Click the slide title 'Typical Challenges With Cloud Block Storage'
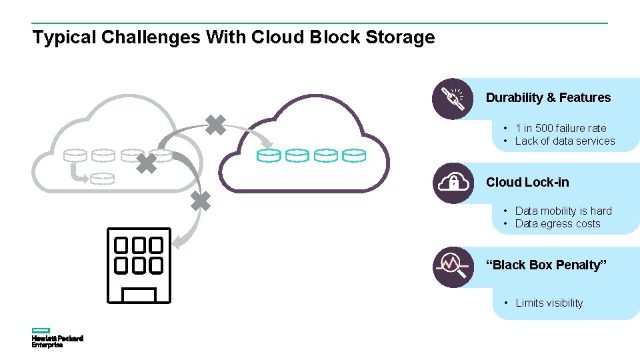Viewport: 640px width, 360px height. coord(233,37)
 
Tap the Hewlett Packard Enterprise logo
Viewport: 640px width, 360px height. coord(57,338)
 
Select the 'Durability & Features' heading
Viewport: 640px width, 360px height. coord(548,98)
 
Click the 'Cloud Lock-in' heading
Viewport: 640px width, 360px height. coord(527,182)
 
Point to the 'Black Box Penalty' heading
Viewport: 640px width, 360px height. coord(547,265)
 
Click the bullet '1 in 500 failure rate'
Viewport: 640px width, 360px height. coord(560,128)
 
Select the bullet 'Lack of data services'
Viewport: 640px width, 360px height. coord(565,141)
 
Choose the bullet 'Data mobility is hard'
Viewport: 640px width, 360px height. coord(563,211)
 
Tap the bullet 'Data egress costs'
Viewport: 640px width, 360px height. coord(557,224)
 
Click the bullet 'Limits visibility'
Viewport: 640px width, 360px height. coord(549,303)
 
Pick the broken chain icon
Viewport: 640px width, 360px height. coord(453,99)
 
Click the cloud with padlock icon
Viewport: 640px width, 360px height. coord(453,182)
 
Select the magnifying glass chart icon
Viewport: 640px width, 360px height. coord(453,266)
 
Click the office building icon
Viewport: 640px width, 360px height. coord(139,265)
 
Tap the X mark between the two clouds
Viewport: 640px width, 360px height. coord(215,125)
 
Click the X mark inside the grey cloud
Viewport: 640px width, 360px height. coord(147,163)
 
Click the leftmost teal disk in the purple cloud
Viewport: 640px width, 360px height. coord(269,155)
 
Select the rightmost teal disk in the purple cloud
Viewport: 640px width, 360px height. coord(354,155)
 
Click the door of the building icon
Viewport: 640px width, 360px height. coord(139,295)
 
